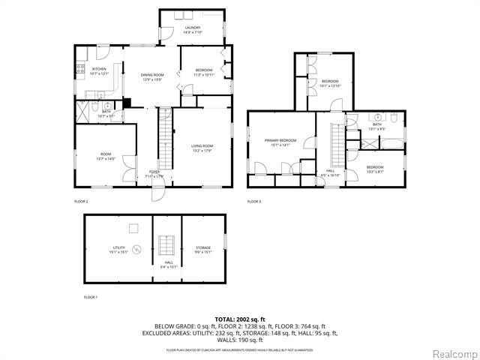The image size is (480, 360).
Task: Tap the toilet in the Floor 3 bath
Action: click(x=393, y=118)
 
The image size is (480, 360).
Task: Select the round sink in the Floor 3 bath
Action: click(x=373, y=118)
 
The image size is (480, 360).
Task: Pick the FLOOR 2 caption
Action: click(x=81, y=202)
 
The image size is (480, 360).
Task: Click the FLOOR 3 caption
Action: click(x=254, y=202)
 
